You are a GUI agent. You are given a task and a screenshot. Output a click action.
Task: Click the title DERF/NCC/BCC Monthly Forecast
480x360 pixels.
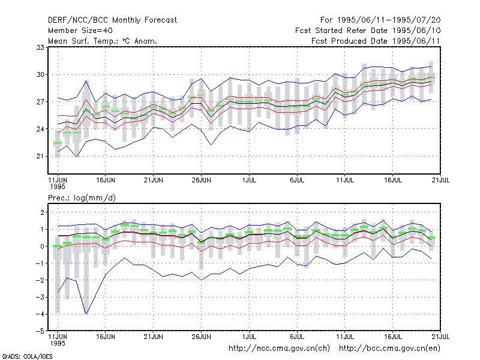coord(112,20)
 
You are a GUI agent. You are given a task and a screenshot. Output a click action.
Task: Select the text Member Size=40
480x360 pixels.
coord(80,31)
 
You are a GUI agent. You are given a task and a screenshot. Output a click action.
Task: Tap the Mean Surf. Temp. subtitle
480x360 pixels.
coord(103,41)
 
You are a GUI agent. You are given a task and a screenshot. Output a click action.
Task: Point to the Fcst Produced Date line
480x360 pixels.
coord(376,41)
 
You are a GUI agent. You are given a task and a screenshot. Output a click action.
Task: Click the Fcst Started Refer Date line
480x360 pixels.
coord(368,31)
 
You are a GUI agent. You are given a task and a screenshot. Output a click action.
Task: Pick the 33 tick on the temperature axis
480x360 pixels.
coord(40,47)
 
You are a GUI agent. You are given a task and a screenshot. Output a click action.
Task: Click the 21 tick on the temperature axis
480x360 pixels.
coord(40,156)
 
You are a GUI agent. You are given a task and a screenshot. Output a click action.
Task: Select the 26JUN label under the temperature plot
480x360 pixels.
coord(202,180)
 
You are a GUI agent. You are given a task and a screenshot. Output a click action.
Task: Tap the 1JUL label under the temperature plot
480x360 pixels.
coord(249,180)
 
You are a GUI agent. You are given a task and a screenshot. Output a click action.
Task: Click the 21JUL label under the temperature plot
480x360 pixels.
coord(440,180)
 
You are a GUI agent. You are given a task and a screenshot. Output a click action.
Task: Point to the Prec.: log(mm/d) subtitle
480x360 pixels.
coord(82,198)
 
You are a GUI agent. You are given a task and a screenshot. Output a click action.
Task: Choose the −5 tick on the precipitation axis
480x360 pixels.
coord(40,331)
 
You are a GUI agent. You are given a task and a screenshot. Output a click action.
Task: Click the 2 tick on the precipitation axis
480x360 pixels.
coord(42,212)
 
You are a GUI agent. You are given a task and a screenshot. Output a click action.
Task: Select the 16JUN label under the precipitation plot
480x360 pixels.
coord(106,337)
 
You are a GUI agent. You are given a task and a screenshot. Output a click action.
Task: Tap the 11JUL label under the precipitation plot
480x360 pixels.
coord(345,337)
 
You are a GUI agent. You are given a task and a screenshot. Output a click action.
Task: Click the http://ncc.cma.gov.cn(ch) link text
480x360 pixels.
coord(279,349)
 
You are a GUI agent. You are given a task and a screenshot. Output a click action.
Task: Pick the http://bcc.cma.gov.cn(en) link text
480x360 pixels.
coord(389,349)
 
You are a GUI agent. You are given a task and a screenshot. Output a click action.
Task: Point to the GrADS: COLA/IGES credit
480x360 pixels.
coord(27,356)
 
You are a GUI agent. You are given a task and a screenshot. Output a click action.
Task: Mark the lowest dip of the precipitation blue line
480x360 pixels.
coord(86,314)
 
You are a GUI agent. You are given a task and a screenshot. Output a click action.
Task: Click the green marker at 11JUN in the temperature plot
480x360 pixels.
coord(58,143)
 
